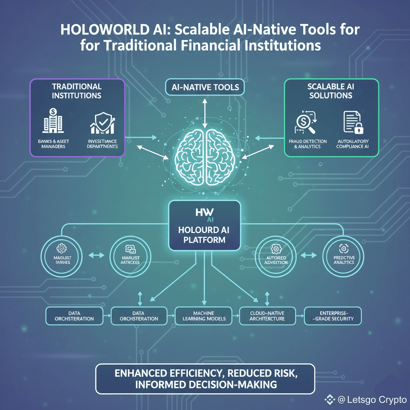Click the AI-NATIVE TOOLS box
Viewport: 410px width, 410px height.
205,87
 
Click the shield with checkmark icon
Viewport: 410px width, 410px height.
102,123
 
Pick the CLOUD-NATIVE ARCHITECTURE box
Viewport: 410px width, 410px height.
267,316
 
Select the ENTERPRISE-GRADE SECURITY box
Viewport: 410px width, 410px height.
333,316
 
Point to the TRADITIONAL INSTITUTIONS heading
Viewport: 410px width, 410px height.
76,91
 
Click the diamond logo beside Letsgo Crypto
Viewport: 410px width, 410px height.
330,399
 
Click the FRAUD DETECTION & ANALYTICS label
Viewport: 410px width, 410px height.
307,144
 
